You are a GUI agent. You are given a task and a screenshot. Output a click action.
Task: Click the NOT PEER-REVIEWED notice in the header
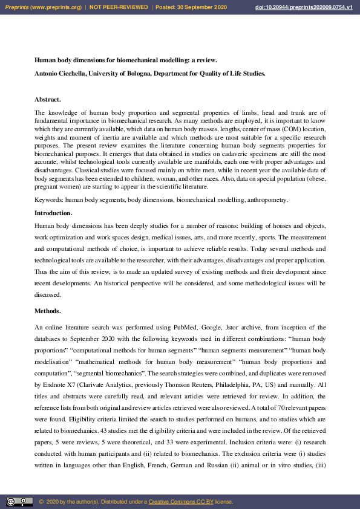coord(119,7)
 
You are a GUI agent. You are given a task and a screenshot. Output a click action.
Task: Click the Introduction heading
coord(53,213)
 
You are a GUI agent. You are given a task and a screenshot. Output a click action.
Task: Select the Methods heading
coord(47,311)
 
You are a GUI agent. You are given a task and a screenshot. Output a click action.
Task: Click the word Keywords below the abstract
coord(48,199)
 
